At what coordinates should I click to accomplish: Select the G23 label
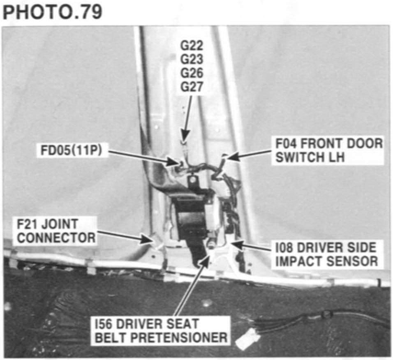coord(192,60)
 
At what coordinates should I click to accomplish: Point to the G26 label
coord(192,74)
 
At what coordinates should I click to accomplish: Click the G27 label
coord(192,87)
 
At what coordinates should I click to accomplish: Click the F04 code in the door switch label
coord(286,144)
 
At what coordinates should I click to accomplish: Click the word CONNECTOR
coord(56,238)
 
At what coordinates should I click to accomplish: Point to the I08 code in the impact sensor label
coord(285,248)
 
